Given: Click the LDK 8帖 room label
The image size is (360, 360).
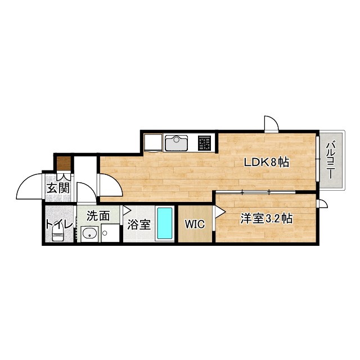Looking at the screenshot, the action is point(266,163).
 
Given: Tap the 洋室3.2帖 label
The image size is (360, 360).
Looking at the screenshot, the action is point(266,218).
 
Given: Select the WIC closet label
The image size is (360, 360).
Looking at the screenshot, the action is point(195,224).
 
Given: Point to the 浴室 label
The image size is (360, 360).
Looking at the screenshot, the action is point(139,224).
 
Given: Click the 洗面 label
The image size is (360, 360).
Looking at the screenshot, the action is point(98,216).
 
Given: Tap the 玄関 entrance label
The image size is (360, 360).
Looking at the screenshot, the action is point(58,188).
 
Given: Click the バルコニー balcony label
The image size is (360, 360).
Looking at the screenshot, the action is point(331,160).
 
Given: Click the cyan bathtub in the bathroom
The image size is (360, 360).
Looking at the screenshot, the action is point(165,223).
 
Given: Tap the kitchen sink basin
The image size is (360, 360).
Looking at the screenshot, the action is point(176,143).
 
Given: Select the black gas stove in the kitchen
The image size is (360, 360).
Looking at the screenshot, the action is point(204,143).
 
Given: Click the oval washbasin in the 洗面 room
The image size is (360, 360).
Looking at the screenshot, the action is point(89,234).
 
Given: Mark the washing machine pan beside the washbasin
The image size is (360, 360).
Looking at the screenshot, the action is point(110,233).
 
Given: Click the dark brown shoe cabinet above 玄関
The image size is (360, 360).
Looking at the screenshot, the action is point(64,163).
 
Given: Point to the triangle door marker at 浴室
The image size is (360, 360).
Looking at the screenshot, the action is point(127,210).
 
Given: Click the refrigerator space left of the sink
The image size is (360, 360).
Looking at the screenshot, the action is point(152,143).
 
